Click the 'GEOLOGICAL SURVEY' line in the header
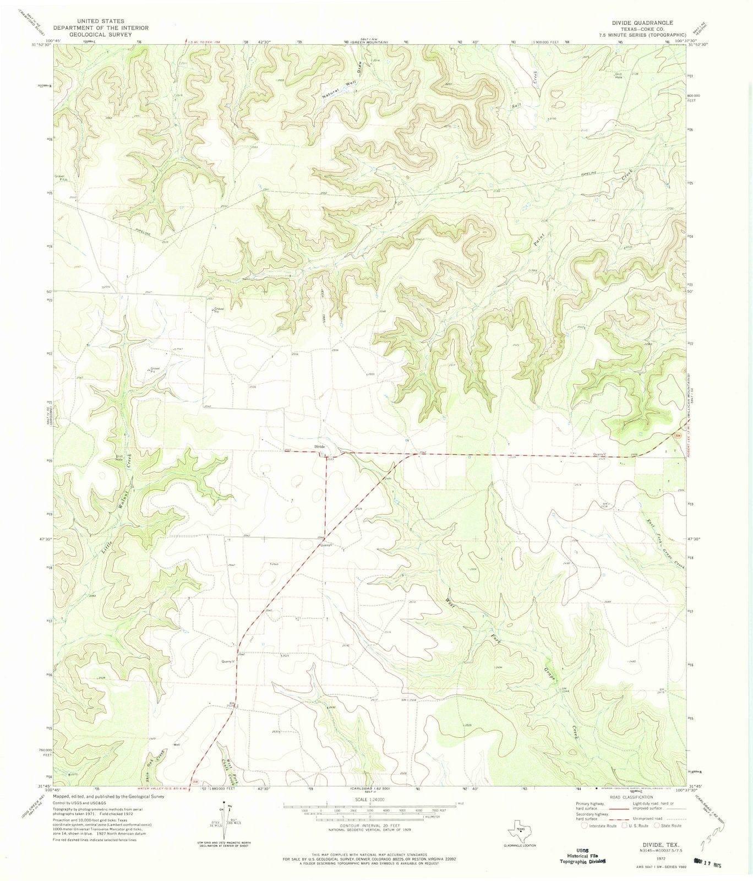pyautogui.click(x=91, y=34)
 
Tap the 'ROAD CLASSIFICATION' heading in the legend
pyautogui.click(x=630, y=797)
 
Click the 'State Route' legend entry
pyautogui.click(x=670, y=825)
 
